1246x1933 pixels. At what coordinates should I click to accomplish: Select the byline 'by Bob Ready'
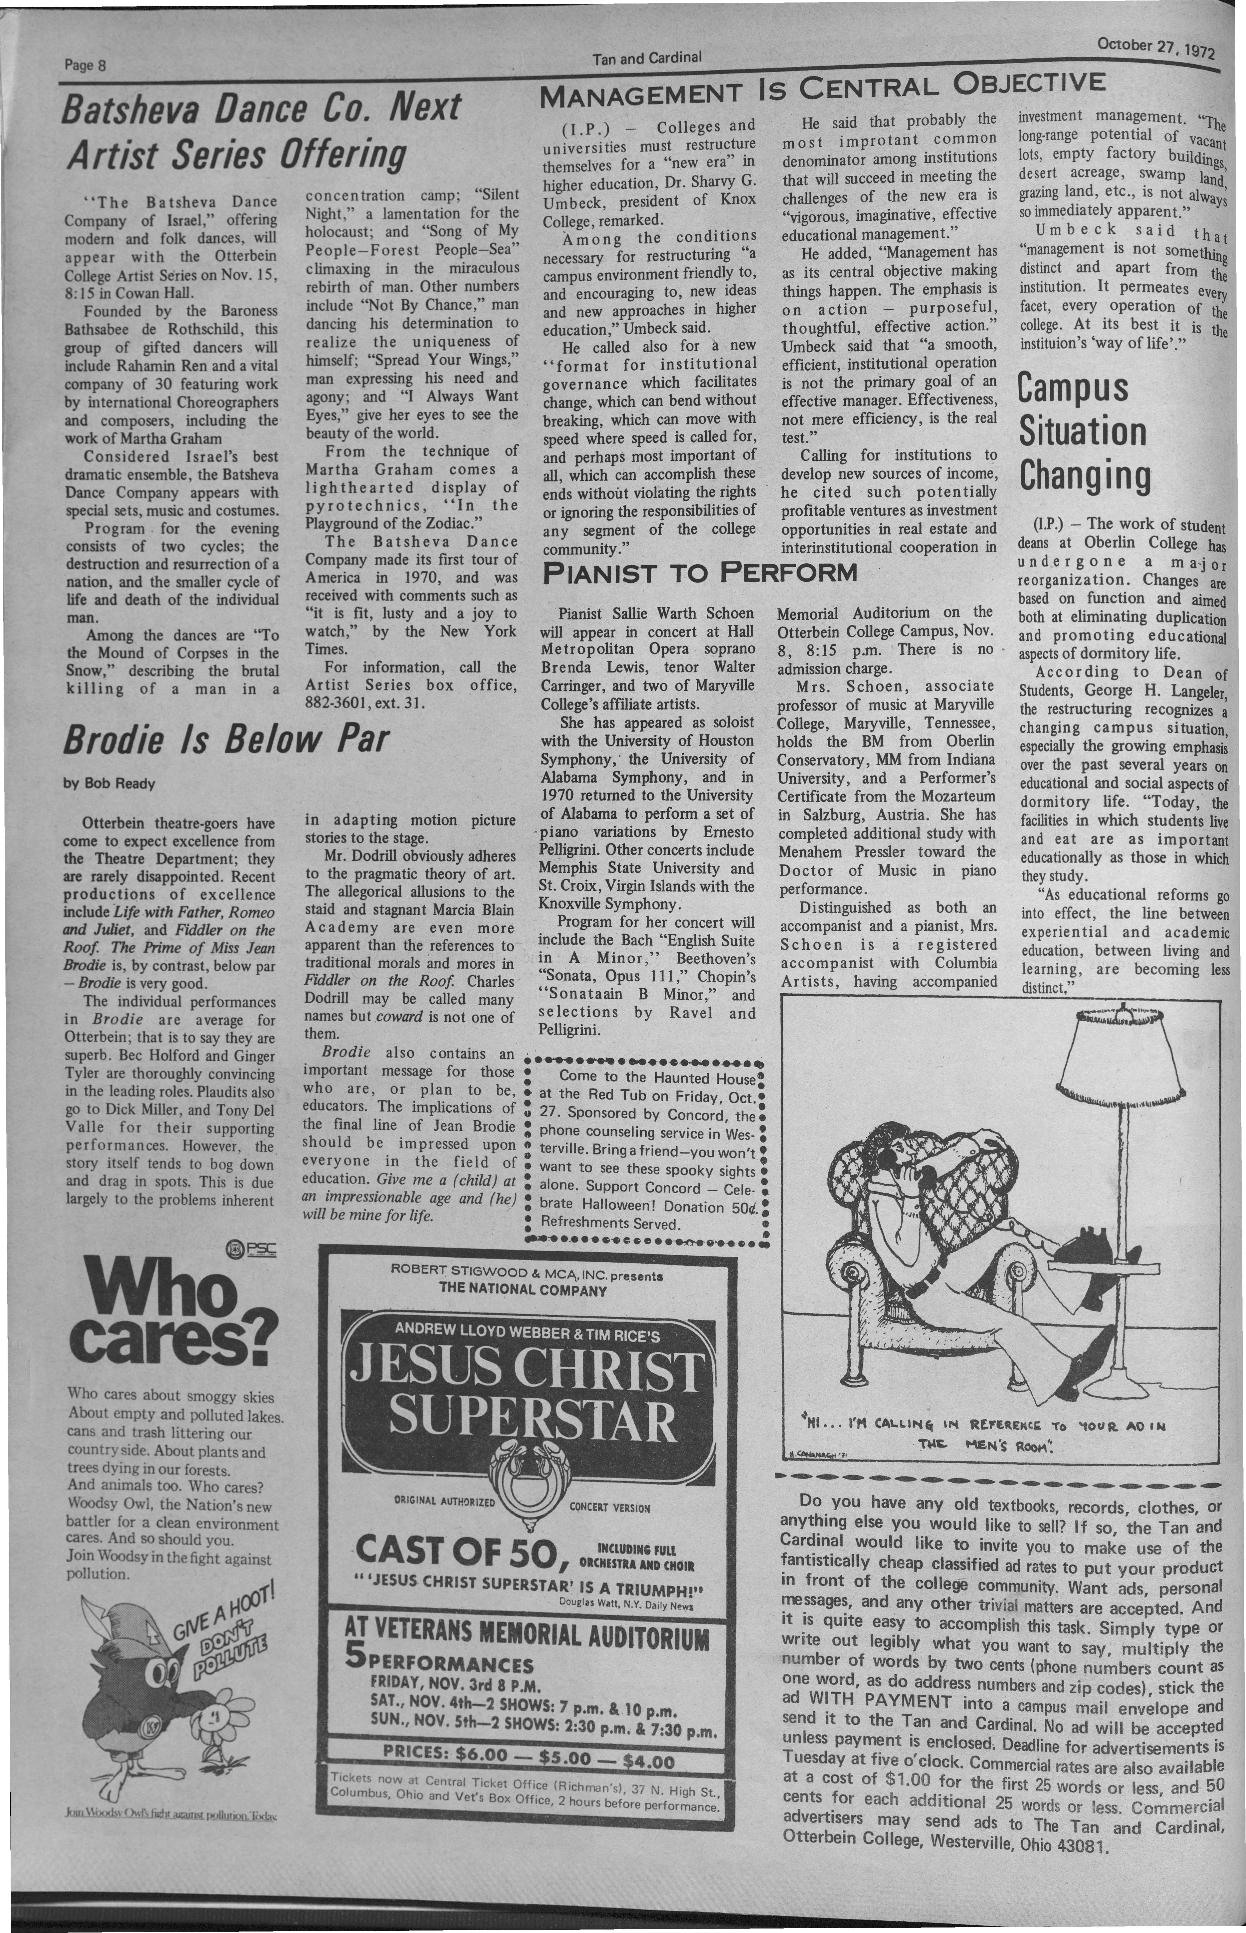point(109,784)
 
